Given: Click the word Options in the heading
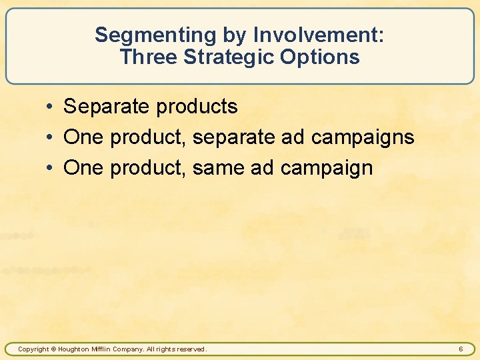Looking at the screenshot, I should click(320, 57).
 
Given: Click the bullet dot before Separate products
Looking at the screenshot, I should click(51, 107).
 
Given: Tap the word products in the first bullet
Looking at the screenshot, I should click(196, 107).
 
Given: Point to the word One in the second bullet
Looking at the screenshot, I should click(83, 137).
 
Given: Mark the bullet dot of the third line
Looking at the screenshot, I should click(51, 169).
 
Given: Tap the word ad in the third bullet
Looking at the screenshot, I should click(262, 168).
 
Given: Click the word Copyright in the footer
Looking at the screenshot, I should click(33, 349).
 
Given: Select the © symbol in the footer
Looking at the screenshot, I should click(55, 349).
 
